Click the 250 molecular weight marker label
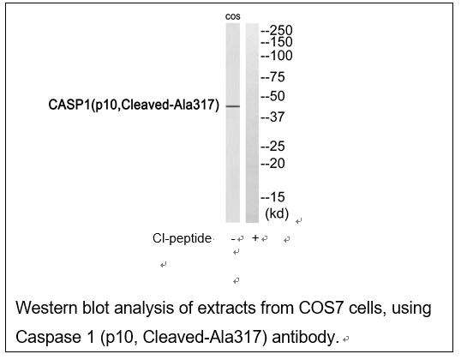pos(277,30)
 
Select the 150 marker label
pos(277,42)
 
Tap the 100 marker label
pos(277,56)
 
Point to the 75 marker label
pos(272,77)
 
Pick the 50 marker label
pos(272,96)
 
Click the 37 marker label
pos(272,117)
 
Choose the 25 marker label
pos(272,147)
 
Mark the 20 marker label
pos(272,164)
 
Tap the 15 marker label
pos(272,197)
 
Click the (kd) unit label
pos(277,213)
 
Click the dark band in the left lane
pos(233,106)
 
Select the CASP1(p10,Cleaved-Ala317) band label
pos(134,105)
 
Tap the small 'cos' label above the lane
pos(233,17)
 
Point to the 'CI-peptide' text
pos(182,238)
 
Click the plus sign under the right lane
pos(255,237)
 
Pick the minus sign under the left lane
pos(233,239)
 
